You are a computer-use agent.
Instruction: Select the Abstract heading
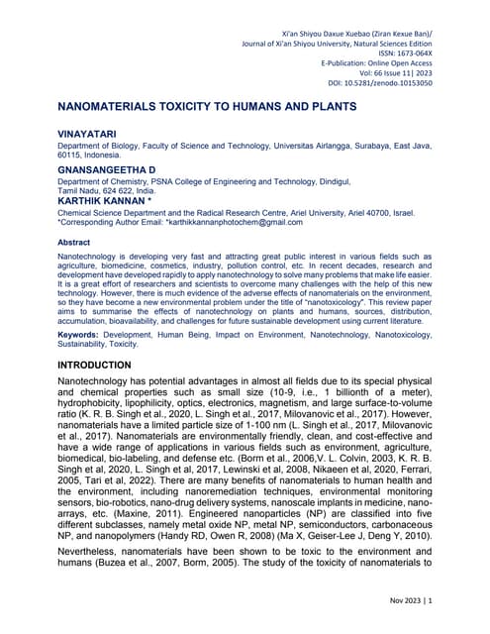74,242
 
